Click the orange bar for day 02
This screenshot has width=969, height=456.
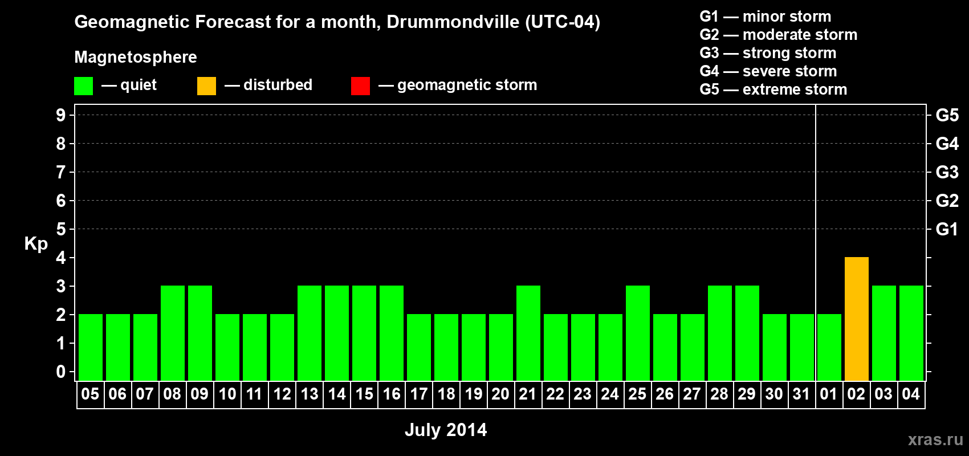pyautogui.click(x=857, y=319)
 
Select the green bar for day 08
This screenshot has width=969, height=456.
pyautogui.click(x=173, y=333)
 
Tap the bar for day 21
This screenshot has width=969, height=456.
pyautogui.click(x=528, y=333)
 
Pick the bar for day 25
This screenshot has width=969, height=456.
pyautogui.click(x=638, y=333)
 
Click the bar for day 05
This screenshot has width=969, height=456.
pyautogui.click(x=91, y=347)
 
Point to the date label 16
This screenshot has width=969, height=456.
pyautogui.click(x=392, y=394)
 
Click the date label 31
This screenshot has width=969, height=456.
pyautogui.click(x=801, y=394)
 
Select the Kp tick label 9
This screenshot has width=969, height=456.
pyautogui.click(x=60, y=115)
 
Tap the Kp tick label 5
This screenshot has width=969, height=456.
pyautogui.click(x=60, y=229)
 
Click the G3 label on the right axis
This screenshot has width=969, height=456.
pyautogui.click(x=947, y=172)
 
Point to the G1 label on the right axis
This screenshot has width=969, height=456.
pyautogui.click(x=947, y=229)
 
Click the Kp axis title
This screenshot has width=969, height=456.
pyautogui.click(x=36, y=244)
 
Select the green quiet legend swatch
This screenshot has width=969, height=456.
pyautogui.click(x=83, y=85)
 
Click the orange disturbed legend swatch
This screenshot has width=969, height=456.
pyautogui.click(x=206, y=85)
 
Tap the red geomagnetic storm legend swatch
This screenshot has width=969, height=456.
pyautogui.click(x=360, y=85)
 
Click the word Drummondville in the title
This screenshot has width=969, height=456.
pyautogui.click(x=453, y=22)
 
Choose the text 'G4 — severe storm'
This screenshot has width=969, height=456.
pyautogui.click(x=768, y=71)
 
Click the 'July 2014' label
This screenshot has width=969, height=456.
pyautogui.click(x=446, y=430)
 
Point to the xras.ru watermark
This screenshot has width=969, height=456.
pyautogui.click(x=935, y=439)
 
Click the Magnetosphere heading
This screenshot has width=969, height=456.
pyautogui.click(x=136, y=57)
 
